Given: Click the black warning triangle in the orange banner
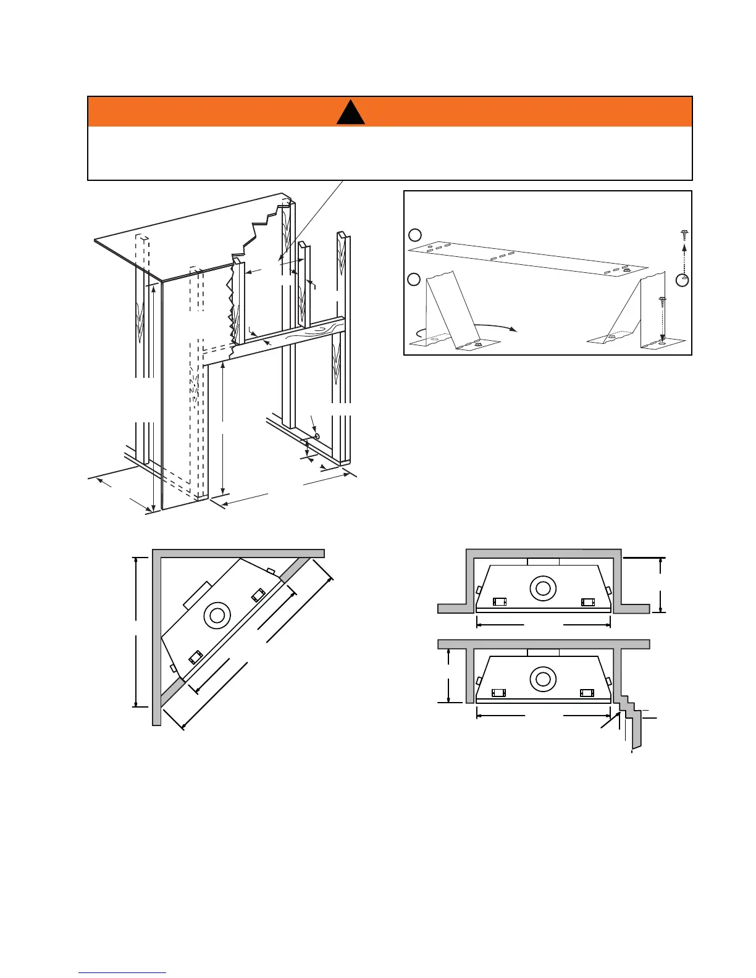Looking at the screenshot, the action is tap(350, 113).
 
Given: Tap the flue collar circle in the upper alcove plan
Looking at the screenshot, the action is tap(543, 588).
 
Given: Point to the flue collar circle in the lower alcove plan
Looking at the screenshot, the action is tap(543, 679).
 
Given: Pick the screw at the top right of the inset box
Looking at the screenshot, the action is tap(684, 235).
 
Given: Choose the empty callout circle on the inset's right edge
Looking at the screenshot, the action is tap(682, 280).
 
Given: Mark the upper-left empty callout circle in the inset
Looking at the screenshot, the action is tap(415, 235).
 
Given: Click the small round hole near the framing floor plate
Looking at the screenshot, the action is tap(317, 436).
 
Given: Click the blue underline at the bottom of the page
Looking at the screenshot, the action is tap(122, 973).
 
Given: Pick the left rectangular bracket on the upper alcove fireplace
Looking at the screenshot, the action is tap(499, 601).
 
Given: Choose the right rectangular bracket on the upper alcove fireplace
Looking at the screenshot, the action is tap(587, 601).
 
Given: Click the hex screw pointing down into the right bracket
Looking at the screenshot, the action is tap(661, 303).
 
